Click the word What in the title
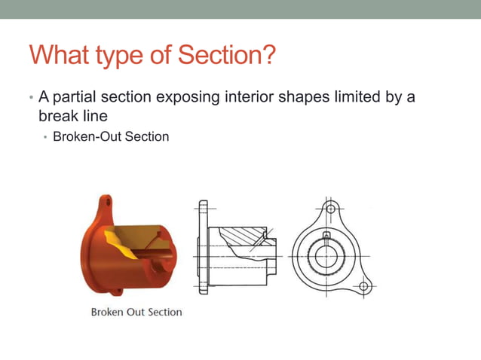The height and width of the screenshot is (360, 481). (x=61, y=55)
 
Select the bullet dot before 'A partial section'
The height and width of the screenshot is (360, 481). (x=31, y=99)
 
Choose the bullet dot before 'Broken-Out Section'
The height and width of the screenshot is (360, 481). (x=45, y=138)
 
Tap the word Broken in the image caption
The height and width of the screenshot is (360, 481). (x=109, y=311)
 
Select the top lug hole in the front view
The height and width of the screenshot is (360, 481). (x=328, y=207)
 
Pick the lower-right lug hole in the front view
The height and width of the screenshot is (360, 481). (x=363, y=286)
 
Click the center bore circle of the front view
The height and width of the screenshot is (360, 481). (x=326, y=256)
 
